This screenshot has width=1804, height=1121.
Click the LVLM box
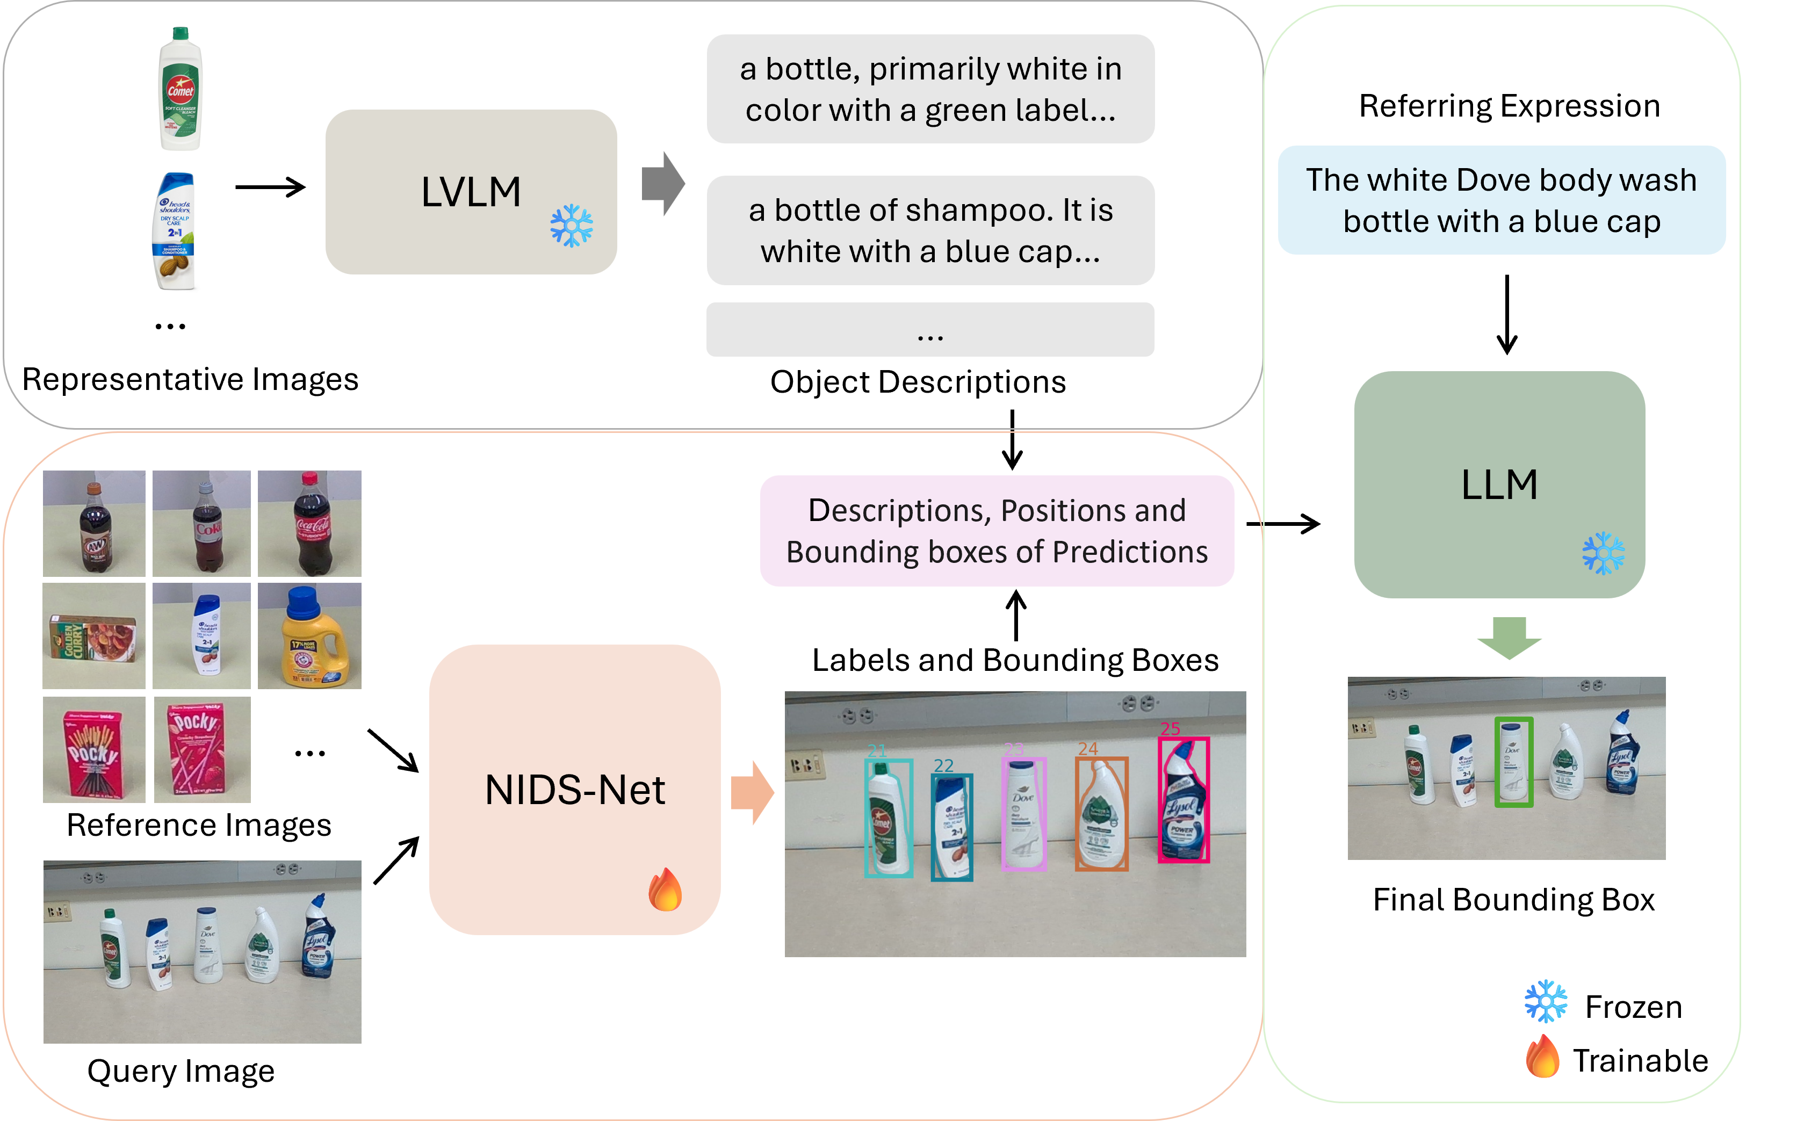471,192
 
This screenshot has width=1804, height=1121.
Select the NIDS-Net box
575,790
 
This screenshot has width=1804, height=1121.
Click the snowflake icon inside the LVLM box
571,226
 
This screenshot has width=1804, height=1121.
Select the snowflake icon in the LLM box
1603,553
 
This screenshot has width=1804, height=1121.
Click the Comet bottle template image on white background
180,89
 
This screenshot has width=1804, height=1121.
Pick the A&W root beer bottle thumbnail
94,523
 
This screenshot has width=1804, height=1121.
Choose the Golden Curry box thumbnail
94,636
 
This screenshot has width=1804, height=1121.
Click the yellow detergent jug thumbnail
309,636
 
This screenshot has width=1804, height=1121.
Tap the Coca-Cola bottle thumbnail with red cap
309,523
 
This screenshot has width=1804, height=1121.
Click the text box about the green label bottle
930,89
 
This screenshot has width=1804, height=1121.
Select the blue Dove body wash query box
1502,200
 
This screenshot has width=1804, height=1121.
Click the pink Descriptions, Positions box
997,531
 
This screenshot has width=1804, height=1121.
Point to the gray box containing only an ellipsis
930,330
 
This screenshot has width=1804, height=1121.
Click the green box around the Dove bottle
1513,762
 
